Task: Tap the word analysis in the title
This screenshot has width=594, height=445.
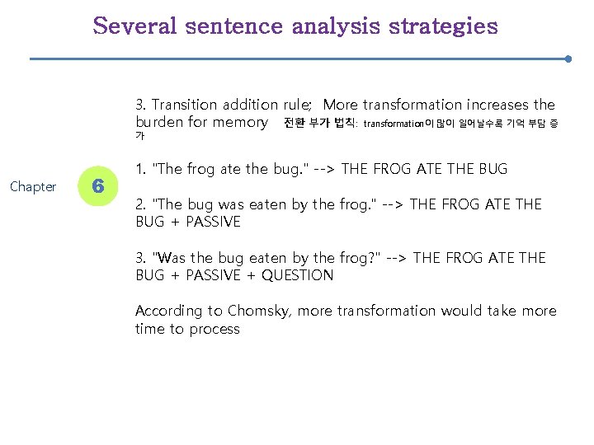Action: (337, 26)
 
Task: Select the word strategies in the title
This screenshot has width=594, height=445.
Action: (443, 26)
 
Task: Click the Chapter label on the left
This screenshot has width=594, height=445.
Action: (33, 187)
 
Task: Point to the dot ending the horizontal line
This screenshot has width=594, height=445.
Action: (568, 59)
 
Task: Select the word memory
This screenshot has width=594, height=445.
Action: (239, 123)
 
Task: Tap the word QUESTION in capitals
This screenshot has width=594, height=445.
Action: (297, 275)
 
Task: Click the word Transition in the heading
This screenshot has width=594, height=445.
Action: (185, 105)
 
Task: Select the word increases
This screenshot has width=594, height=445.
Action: (497, 105)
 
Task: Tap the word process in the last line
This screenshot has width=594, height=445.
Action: (214, 329)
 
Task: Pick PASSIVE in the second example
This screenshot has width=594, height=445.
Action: (213, 222)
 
